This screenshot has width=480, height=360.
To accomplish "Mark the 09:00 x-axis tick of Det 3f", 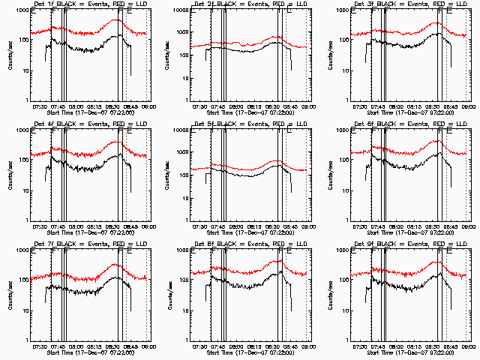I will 464,107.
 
